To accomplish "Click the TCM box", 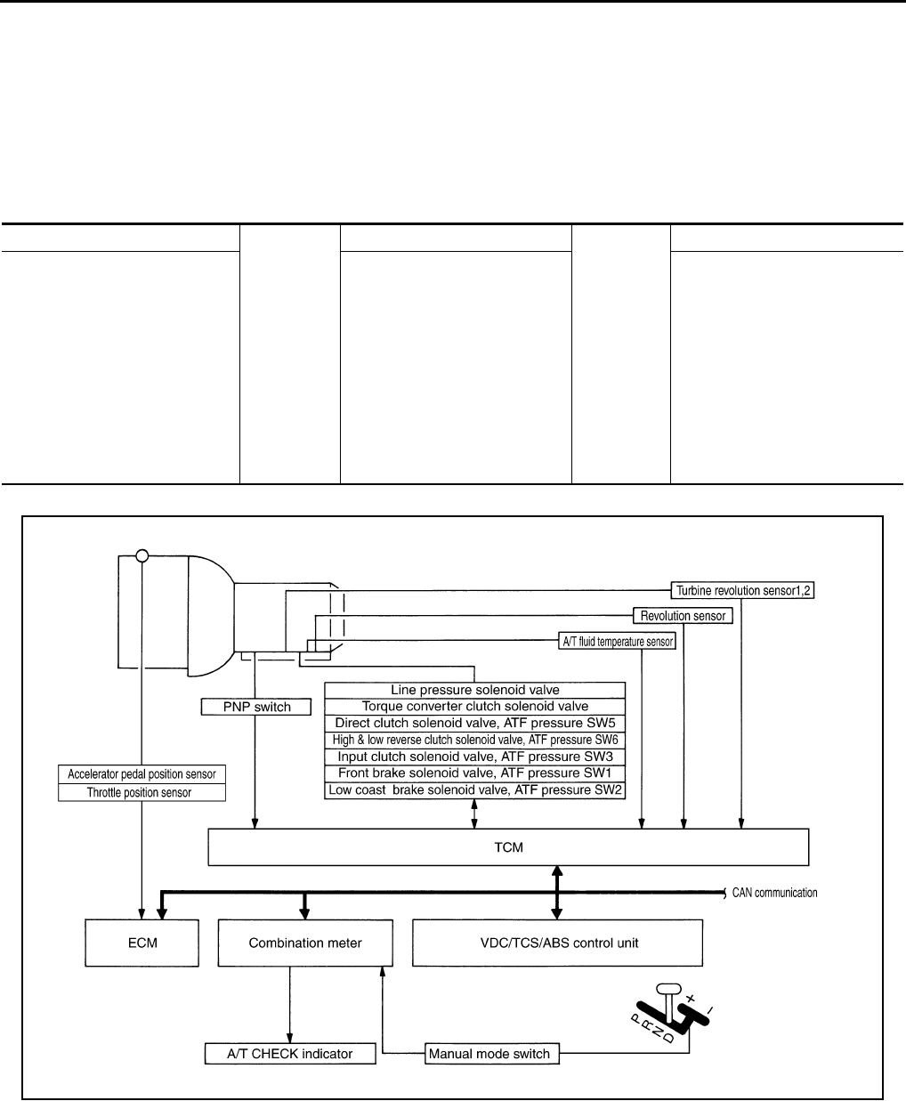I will pyautogui.click(x=508, y=846).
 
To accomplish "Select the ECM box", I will pyautogui.click(x=142, y=943).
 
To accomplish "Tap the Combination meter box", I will pyautogui.click(x=304, y=943).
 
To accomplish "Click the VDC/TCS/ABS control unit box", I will pyautogui.click(x=557, y=943).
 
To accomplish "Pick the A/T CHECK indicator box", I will pyautogui.click(x=290, y=1054).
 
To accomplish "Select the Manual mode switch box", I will pyautogui.click(x=489, y=1054).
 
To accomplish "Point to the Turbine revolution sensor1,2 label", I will pyautogui.click(x=743, y=590).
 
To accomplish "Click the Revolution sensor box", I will pyautogui.click(x=683, y=615).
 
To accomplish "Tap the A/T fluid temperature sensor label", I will pyautogui.click(x=617, y=640).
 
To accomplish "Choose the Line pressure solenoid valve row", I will pyautogui.click(x=475, y=690).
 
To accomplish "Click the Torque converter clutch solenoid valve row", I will pyautogui.click(x=475, y=706).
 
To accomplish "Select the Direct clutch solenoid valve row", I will pyautogui.click(x=475, y=723).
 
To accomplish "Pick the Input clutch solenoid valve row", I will pyautogui.click(x=475, y=757).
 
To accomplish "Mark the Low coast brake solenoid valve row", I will pyautogui.click(x=475, y=789).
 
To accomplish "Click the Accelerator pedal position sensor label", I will pyautogui.click(x=142, y=774).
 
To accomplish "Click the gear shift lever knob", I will pyautogui.click(x=667, y=989).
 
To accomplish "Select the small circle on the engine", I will pyautogui.click(x=142, y=556).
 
